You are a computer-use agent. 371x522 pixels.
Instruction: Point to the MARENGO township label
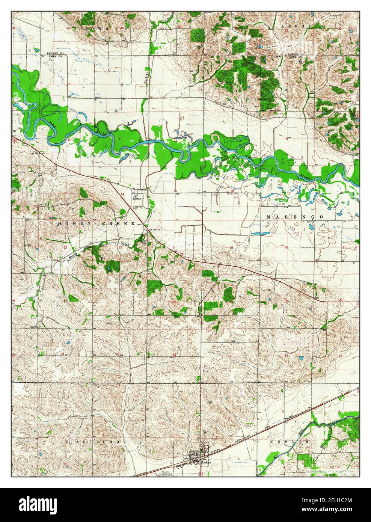pyautogui.click(x=295, y=217)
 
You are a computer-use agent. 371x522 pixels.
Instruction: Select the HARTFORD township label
pyautogui.click(x=95, y=442)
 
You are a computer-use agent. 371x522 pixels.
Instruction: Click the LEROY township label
pyautogui.click(x=297, y=26)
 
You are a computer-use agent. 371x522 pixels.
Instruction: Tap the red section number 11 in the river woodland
pyautogui.click(x=119, y=139)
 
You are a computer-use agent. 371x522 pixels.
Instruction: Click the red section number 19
pyautogui.click(x=231, y=247)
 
